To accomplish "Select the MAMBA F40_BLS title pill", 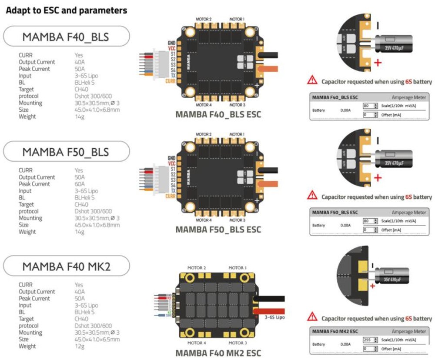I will (66, 37).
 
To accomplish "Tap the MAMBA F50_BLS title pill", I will (66, 152).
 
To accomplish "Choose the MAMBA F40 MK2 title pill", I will (66, 266).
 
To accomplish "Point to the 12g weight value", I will (79, 346).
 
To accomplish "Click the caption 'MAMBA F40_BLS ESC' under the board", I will (218, 115).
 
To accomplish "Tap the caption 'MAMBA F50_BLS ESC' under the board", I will (218, 229).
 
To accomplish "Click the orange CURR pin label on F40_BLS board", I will (170, 81).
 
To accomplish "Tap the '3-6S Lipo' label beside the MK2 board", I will (275, 317).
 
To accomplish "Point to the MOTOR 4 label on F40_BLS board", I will (204, 105).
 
